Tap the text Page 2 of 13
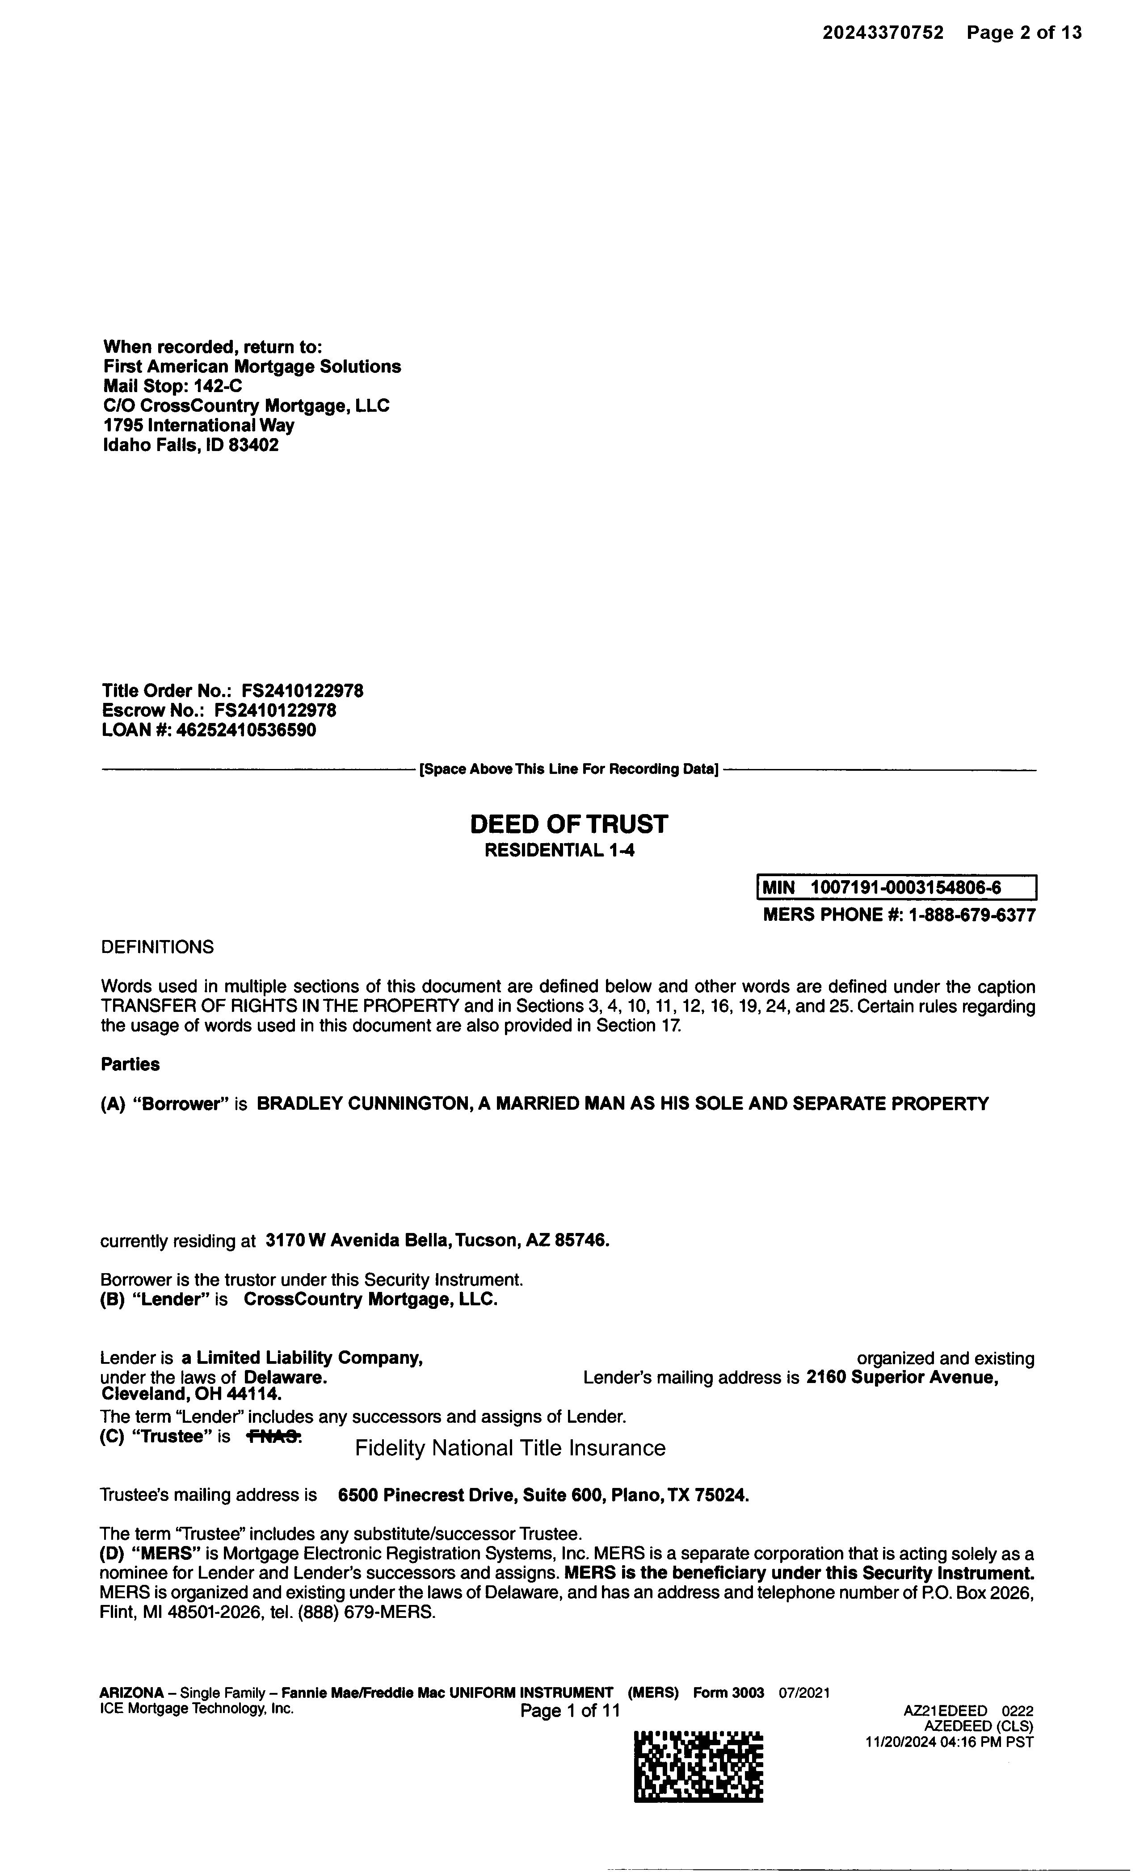point(1024,33)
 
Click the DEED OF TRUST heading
point(568,824)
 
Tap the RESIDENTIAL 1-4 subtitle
point(559,850)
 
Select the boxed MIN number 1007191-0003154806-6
point(905,887)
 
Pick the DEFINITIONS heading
point(157,948)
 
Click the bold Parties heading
point(130,1065)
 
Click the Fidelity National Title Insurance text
point(510,1448)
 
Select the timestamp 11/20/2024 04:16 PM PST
point(949,1742)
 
